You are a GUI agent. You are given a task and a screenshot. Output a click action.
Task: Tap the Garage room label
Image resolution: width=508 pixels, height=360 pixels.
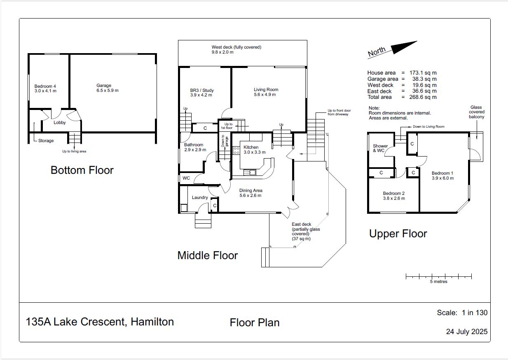click(104, 85)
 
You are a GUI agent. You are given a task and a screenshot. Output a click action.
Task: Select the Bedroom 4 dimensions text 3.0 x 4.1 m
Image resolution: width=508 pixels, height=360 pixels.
click(45, 91)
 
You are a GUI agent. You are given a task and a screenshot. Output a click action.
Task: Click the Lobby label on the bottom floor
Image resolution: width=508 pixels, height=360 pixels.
click(60, 123)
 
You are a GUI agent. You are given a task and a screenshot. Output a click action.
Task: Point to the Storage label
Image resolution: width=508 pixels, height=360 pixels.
click(46, 140)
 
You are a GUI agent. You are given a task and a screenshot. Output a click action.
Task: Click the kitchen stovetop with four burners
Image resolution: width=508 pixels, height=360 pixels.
click(236, 150)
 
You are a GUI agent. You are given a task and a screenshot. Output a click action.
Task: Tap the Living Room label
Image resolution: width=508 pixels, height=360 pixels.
click(266, 89)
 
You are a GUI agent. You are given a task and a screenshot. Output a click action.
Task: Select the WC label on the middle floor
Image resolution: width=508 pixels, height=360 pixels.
click(186, 178)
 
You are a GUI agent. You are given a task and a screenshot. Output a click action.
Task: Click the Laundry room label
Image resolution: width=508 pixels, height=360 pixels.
click(200, 197)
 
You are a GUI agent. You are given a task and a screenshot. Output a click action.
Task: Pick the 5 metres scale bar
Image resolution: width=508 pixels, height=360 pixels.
click(439, 276)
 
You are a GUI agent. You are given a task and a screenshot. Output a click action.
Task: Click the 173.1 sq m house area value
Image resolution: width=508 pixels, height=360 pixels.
click(423, 73)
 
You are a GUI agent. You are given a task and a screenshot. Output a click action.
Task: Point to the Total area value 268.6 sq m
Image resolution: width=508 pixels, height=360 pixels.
click(423, 97)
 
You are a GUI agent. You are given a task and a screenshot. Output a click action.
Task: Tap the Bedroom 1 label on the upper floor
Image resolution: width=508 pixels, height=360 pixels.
click(442, 173)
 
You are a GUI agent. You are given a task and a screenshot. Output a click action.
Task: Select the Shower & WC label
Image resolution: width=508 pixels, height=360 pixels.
click(380, 148)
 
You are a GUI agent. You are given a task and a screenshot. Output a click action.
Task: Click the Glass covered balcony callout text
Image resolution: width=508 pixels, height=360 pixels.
click(476, 112)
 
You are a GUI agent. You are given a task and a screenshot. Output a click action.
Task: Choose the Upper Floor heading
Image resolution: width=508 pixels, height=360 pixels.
click(398, 234)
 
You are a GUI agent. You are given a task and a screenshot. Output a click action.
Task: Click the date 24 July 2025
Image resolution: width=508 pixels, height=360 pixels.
click(467, 332)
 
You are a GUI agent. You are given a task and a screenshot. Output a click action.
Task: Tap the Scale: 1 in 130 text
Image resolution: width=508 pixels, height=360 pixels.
click(462, 313)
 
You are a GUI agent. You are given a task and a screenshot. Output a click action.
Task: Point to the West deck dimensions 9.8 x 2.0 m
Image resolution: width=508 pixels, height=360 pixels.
click(222, 52)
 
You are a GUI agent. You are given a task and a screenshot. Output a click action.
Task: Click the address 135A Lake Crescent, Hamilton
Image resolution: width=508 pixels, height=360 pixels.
click(100, 322)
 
